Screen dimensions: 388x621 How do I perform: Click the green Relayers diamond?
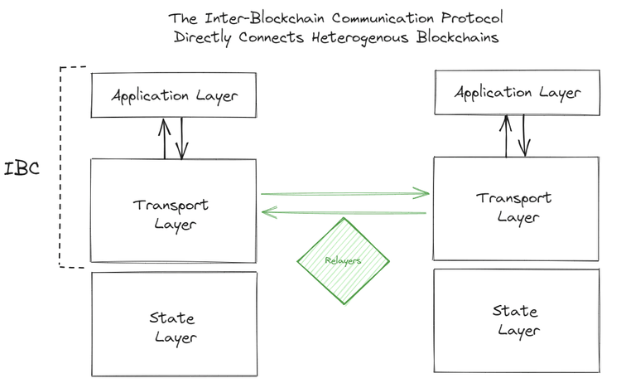[x=343, y=259]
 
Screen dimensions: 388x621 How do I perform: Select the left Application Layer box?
[x=174, y=95]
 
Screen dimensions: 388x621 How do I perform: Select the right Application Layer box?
[x=517, y=92]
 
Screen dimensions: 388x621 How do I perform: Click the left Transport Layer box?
[x=172, y=211]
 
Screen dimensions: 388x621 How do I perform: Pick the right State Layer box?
[x=515, y=320]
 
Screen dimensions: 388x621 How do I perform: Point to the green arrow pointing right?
[x=345, y=194]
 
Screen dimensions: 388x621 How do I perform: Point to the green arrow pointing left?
[x=344, y=213]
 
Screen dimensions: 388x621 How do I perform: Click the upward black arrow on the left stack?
[x=165, y=138]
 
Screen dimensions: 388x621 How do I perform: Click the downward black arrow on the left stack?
[x=182, y=138]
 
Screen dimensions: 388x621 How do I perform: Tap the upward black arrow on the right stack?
[x=506, y=135]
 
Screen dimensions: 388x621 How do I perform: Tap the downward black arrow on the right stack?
[x=524, y=135]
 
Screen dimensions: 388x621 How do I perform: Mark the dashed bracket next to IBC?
[x=61, y=166]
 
